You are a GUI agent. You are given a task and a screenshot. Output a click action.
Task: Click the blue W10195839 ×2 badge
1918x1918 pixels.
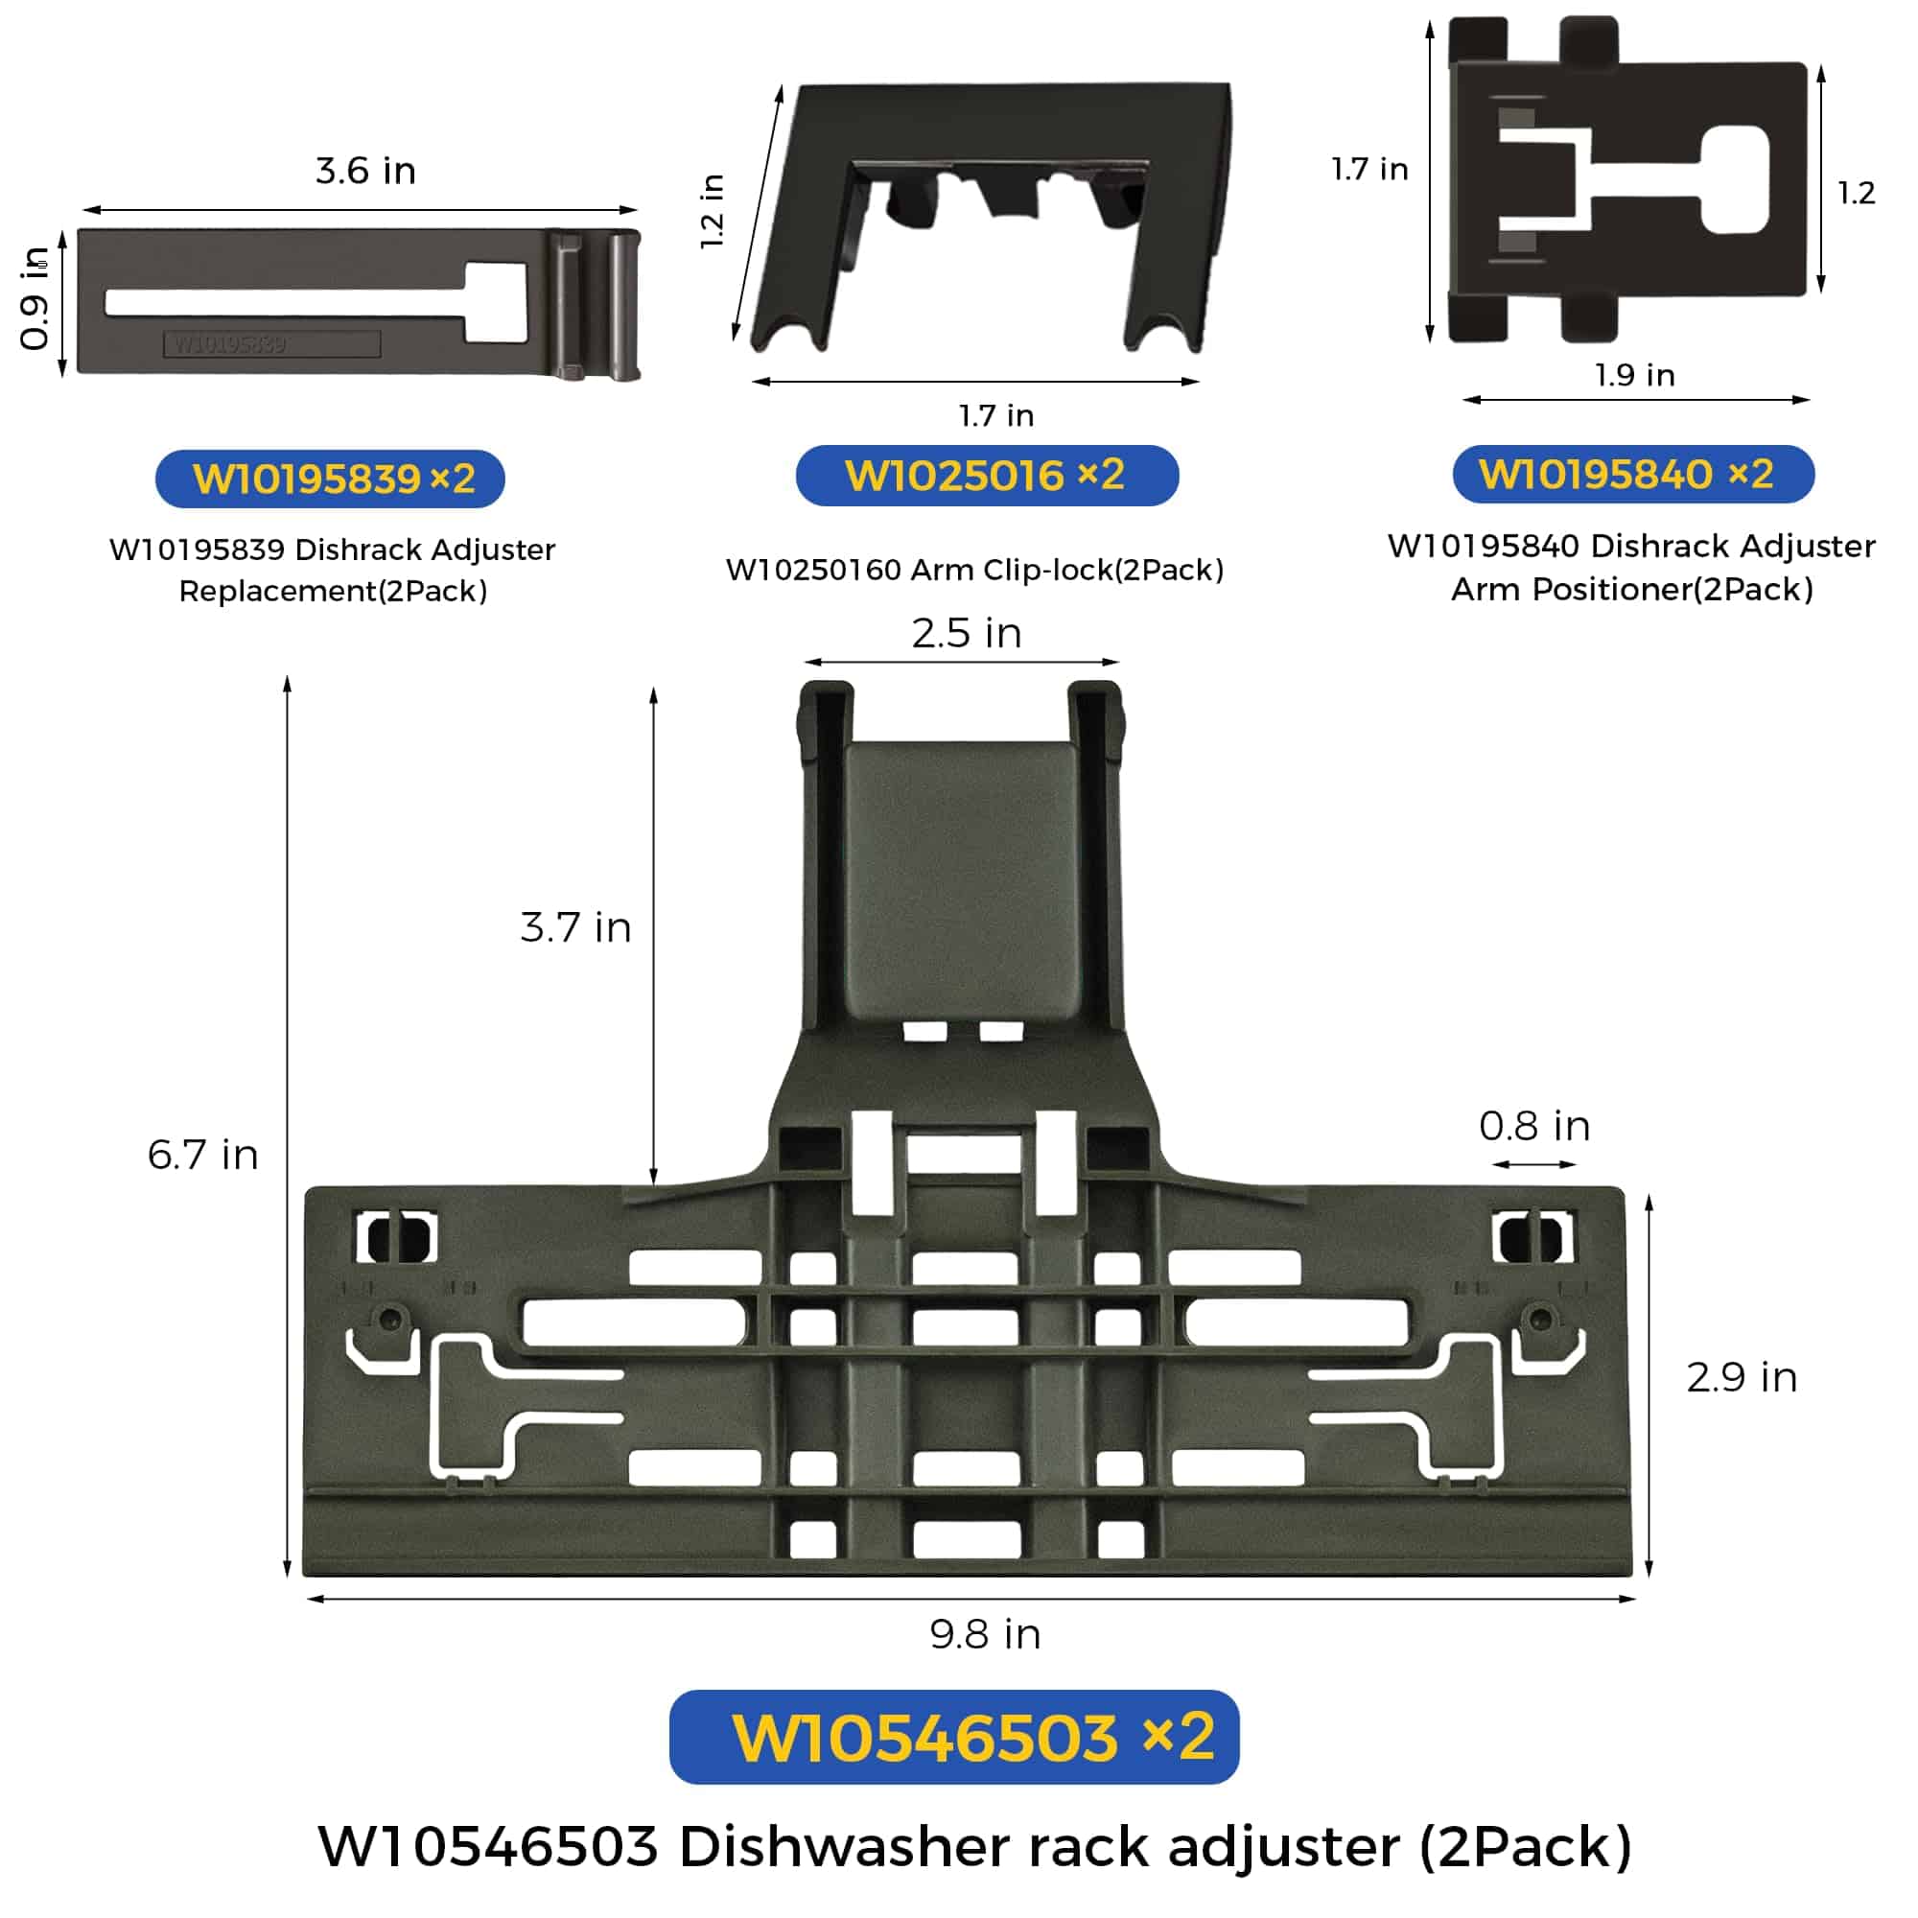[x=330, y=479]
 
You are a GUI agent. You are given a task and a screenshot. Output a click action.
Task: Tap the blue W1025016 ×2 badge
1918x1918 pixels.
[x=987, y=476]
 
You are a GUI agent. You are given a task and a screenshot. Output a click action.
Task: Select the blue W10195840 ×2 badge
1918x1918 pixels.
[x=1633, y=475]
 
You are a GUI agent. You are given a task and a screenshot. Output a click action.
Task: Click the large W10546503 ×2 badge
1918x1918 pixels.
[x=954, y=1737]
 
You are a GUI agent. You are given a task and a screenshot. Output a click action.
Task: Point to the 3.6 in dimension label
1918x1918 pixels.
[x=365, y=171]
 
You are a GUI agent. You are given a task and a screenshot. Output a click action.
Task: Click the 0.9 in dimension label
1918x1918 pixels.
[x=35, y=298]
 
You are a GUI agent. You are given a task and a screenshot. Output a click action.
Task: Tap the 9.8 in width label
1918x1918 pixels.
[x=985, y=1634]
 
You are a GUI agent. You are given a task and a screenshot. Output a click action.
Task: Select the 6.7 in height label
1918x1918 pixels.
[x=202, y=1155]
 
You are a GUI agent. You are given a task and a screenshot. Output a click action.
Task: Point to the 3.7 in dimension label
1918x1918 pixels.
[x=575, y=927]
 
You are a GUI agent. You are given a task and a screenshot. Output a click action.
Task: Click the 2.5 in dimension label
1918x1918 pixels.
[x=967, y=632]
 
